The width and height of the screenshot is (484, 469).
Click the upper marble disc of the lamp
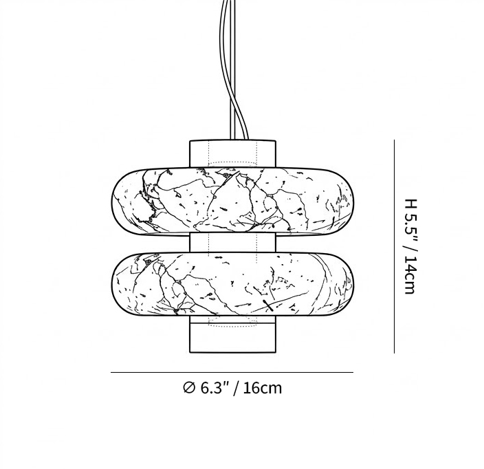[232, 201]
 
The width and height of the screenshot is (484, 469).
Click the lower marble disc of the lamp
[232, 284]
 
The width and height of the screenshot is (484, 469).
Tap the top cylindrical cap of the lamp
[232, 153]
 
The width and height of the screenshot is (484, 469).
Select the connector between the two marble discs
[232, 243]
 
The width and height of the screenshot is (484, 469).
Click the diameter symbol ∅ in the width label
[189, 388]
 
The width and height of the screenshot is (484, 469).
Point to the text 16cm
[262, 388]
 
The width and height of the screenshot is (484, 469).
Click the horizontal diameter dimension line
[232, 373]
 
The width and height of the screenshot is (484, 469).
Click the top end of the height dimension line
[394, 141]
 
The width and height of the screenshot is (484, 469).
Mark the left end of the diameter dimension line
[112, 373]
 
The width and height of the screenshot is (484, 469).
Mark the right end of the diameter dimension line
[353, 373]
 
